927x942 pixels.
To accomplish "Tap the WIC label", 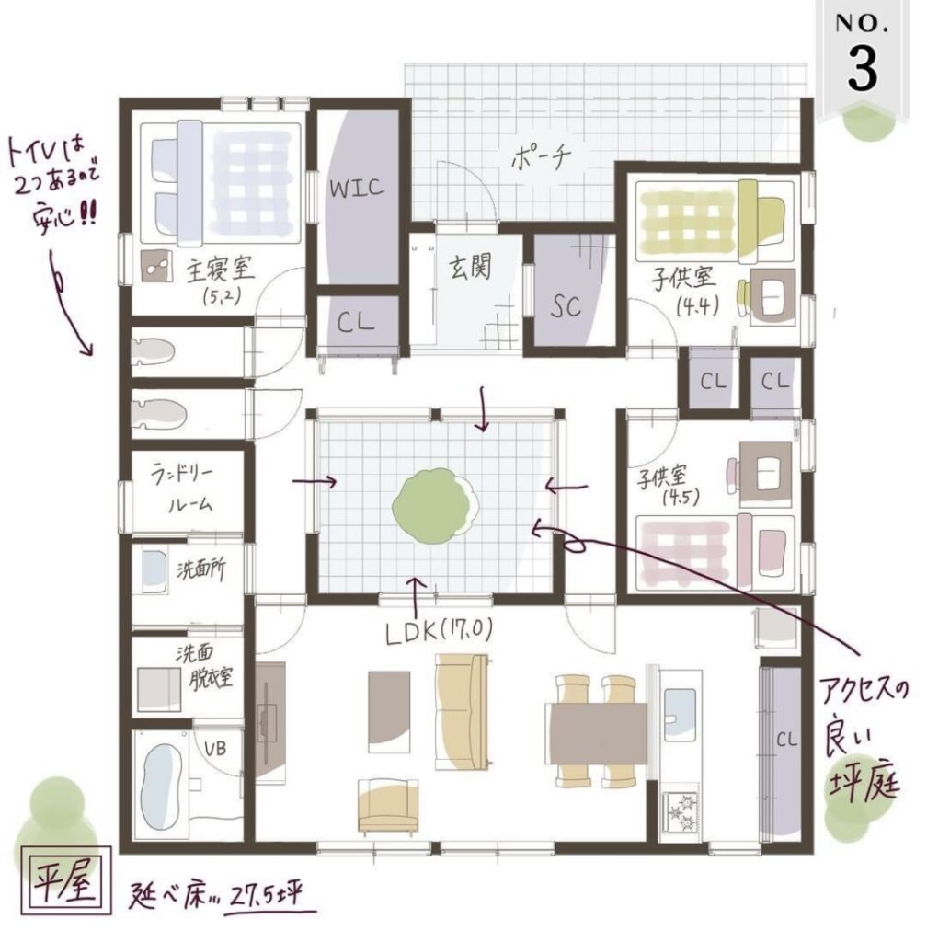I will [x=357, y=188].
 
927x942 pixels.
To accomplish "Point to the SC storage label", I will [x=566, y=306].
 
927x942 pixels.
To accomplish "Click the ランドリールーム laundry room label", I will [x=183, y=488].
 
